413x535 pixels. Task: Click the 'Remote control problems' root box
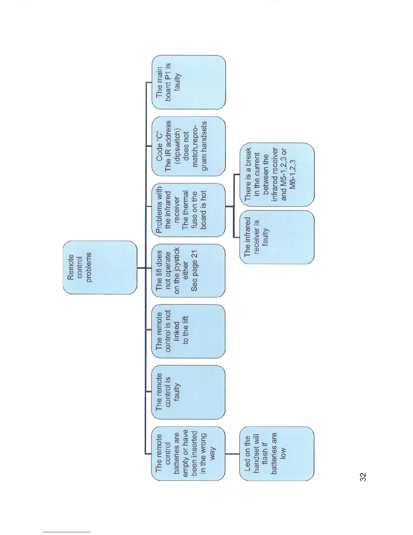(100, 267)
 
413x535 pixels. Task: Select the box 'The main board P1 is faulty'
(189, 82)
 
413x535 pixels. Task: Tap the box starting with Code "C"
(189, 146)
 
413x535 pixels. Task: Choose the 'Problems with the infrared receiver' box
(189, 210)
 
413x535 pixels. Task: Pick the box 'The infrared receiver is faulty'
(277, 237)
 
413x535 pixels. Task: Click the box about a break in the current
(277, 174)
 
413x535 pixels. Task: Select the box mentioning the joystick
(189, 271)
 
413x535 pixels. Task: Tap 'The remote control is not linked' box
(189, 331)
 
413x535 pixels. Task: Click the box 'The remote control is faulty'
(189, 392)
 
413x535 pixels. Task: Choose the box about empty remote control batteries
(189, 453)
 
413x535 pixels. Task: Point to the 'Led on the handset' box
(277, 453)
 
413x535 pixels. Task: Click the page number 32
(363, 477)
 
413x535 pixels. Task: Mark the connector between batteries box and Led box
(232, 454)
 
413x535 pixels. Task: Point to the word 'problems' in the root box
(88, 267)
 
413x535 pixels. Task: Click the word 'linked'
(176, 331)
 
